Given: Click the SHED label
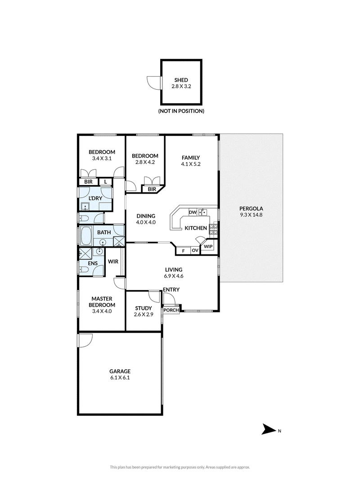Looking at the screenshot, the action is tap(181, 80).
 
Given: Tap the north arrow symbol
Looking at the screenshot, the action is tap(268, 429).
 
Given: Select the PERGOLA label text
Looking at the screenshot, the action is tap(251, 209).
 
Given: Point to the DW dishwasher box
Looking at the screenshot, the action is tap(193, 212).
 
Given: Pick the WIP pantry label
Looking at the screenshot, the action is tap(208, 246).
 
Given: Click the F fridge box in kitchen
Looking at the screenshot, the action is tap(184, 251).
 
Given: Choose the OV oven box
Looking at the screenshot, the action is tap(195, 251).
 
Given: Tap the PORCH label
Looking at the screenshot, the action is tap(171, 310).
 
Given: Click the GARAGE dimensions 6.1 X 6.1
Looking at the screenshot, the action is tap(120, 378).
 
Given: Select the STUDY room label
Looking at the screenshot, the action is tap(144, 308).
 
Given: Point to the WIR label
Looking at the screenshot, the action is tap(113, 262).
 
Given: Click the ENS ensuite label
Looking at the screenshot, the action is tap(93, 263).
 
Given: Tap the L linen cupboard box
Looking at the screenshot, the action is tap(105, 182).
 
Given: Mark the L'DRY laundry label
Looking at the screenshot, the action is tap(95, 199).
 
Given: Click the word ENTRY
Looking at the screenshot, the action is tap(171, 290).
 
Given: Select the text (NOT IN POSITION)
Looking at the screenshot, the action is tap(181, 111).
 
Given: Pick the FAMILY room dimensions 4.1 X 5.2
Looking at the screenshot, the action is tap(191, 164).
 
